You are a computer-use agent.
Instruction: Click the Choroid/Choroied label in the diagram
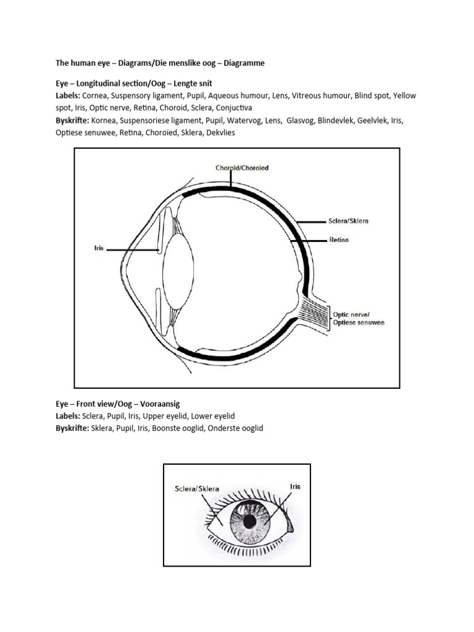pos(242,168)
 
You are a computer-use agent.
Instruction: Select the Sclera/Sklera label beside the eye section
pos(349,220)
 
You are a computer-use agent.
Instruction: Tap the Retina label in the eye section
pos(338,240)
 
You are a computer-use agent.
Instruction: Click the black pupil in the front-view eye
pos(249,522)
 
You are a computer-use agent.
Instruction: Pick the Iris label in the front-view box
pos(295,486)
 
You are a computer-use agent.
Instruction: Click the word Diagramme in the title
pos(244,63)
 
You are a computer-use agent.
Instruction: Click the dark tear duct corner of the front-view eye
pos(291,526)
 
